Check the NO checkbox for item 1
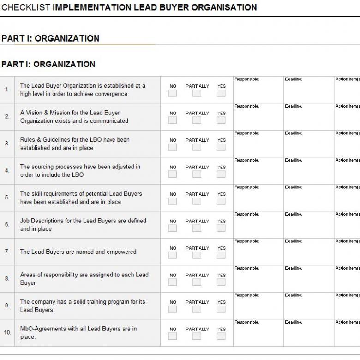pyautogui.click(x=173, y=93)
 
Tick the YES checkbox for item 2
pyautogui.click(x=221, y=120)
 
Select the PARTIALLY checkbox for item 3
pyautogui.click(x=197, y=147)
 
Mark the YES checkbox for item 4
pyautogui.click(x=221, y=174)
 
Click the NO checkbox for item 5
pyautogui.click(x=173, y=201)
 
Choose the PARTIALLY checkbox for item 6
pyautogui.click(x=197, y=228)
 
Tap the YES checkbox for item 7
pyautogui.click(x=221, y=255)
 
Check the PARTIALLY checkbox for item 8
pyautogui.click(x=197, y=282)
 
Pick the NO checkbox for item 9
pyautogui.click(x=173, y=309)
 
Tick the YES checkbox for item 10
pyautogui.click(x=221, y=336)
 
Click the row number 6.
pyautogui.click(x=7, y=225)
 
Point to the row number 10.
pyautogui.click(x=7, y=333)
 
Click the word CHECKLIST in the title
pyautogui.click(x=26, y=7)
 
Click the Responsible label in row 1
pyautogui.click(x=247, y=79)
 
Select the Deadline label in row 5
pyautogui.click(x=294, y=187)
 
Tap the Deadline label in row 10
pyautogui.click(x=294, y=322)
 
